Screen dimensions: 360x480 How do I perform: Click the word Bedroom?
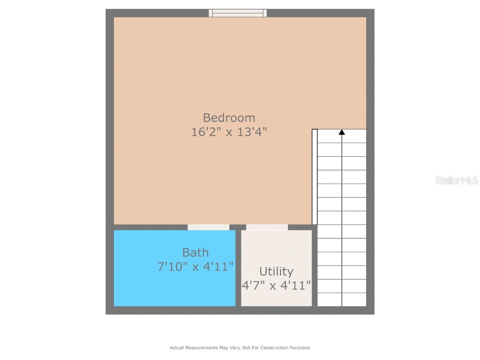click(229, 118)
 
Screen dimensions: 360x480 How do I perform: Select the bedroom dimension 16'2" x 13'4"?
click(229, 132)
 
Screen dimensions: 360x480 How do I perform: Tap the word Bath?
click(195, 253)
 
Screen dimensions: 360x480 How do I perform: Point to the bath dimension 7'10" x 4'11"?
click(195, 267)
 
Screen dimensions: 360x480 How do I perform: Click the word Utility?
click(276, 271)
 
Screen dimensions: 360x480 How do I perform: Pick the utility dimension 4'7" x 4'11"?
click(276, 285)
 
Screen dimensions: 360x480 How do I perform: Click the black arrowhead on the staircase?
click(342, 133)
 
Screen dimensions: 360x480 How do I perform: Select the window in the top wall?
click(238, 13)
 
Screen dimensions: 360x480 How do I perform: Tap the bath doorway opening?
click(209, 227)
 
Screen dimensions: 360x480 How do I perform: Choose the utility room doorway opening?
click(267, 227)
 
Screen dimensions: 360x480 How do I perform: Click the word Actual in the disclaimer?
click(176, 348)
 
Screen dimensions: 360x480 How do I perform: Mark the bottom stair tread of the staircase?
click(342, 300)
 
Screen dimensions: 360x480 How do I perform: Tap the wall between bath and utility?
click(238, 267)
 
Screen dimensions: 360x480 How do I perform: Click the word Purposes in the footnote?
click(299, 348)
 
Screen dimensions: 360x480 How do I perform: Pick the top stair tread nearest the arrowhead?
click(342, 136)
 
